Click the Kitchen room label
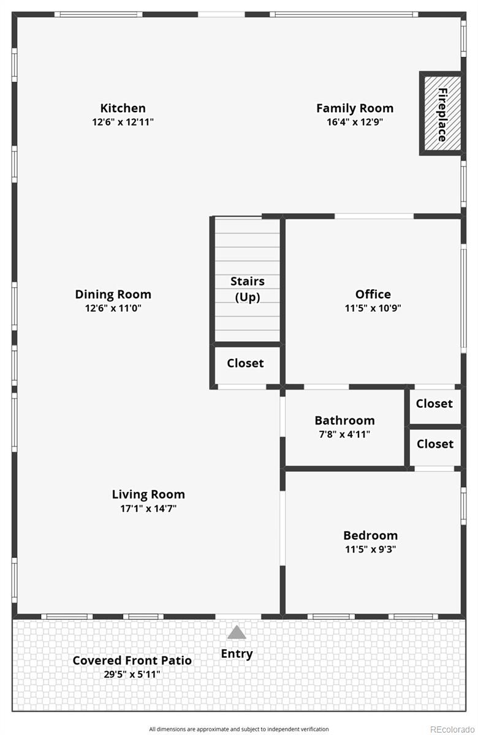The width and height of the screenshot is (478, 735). coord(123,108)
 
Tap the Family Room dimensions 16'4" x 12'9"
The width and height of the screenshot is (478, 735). coord(355,122)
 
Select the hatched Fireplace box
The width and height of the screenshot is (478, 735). coord(441,114)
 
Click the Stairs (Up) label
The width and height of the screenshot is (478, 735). coord(248,289)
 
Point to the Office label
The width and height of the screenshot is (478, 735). coord(373,294)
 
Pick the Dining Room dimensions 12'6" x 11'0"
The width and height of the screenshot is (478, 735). coord(113,308)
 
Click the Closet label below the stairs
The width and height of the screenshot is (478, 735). coord(245,363)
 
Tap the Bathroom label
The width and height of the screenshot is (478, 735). coord(344,420)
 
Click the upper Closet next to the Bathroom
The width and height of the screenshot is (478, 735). coord(434,404)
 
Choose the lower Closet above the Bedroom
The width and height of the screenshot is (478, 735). coord(435,444)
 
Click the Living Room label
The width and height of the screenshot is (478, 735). coord(148,494)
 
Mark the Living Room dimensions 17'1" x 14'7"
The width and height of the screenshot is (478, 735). coord(148,508)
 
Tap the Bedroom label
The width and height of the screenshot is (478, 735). coord(370,535)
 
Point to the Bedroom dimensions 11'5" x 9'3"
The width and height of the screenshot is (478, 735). coord(370,549)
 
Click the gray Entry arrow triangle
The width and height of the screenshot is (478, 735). coord(237,633)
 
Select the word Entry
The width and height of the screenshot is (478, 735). coord(237,654)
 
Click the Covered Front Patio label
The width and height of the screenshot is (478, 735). coord(132,660)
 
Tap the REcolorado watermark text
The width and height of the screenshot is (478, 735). coord(452,729)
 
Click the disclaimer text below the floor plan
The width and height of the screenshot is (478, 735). coord(239,729)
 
